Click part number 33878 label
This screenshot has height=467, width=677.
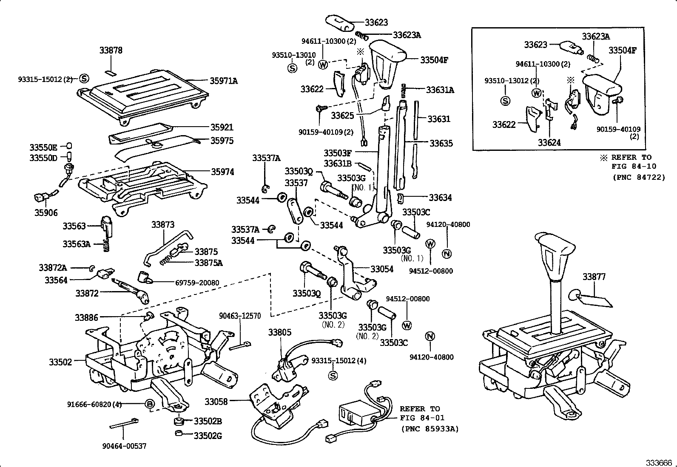[x=111, y=50]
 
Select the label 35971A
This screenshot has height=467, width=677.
[x=224, y=80]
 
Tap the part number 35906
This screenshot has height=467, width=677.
[x=46, y=213]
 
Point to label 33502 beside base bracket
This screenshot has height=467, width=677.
[x=60, y=362]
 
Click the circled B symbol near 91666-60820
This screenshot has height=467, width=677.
[x=149, y=404]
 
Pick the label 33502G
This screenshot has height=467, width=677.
[x=208, y=436]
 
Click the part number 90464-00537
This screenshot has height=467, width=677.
[x=124, y=446]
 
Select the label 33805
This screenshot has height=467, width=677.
[x=279, y=332]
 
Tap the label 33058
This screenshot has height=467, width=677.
[x=216, y=401]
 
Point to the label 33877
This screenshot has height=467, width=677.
[x=594, y=277]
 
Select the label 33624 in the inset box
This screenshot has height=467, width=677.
[x=549, y=143]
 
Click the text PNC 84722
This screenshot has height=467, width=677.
[x=639, y=177]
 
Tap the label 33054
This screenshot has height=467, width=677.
[x=382, y=269]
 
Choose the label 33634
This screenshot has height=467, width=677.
[x=440, y=198]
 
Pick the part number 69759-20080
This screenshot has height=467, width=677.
[x=197, y=283]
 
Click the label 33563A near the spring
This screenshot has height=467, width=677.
[x=77, y=244]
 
